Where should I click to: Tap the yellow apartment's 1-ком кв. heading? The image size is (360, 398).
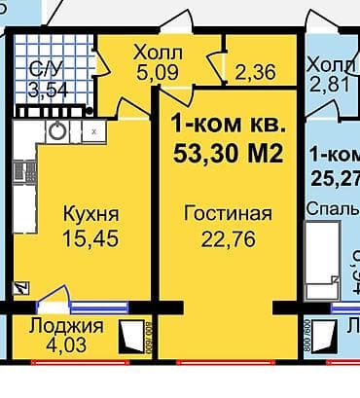[x=230, y=125]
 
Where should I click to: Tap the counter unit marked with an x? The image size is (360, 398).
[x=92, y=129]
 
